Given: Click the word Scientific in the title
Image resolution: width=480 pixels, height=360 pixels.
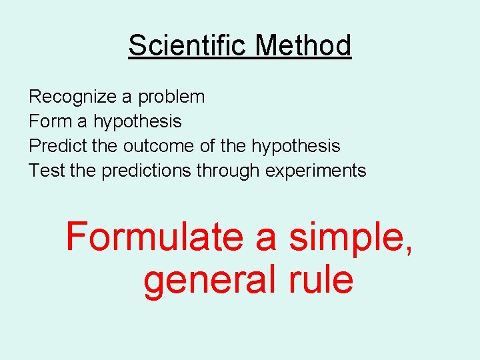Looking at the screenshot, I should click(189, 45).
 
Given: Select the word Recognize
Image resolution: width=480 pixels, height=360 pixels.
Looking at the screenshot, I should click(73, 97).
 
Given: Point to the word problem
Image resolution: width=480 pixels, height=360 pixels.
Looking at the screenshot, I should click(171, 97).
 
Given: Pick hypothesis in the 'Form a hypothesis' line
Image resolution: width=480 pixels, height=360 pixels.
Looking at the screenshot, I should click(137, 122).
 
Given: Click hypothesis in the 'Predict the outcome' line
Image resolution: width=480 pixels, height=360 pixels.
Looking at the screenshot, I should click(295, 147).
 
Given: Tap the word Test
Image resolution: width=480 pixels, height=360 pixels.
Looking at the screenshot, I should click(46, 171).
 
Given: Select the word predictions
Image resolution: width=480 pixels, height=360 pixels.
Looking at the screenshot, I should click(147, 171).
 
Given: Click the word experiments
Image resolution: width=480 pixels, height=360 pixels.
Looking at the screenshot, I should click(316, 171).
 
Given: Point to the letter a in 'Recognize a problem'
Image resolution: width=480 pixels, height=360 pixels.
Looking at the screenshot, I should click(127, 97).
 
